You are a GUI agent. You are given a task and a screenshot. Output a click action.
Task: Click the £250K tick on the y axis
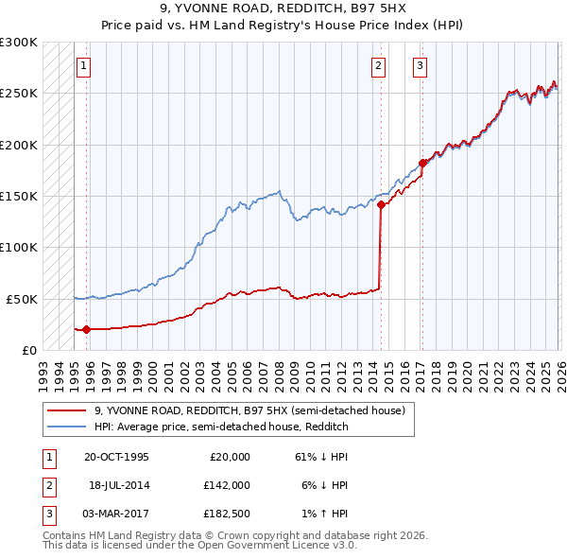[19, 94]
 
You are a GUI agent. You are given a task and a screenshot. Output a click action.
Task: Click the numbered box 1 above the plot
[85, 66]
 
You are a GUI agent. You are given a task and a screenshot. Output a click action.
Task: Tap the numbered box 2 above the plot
[378, 66]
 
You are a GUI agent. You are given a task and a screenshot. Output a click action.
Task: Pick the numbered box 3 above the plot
[420, 66]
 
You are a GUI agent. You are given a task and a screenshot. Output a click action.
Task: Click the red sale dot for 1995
[86, 329]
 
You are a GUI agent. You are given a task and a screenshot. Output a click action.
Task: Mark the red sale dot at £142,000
[381, 204]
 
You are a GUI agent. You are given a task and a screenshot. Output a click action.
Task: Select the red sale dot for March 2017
[422, 163]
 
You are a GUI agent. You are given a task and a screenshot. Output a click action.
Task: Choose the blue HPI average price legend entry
[221, 427]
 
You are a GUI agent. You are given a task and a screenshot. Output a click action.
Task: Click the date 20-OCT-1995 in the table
[116, 457]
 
